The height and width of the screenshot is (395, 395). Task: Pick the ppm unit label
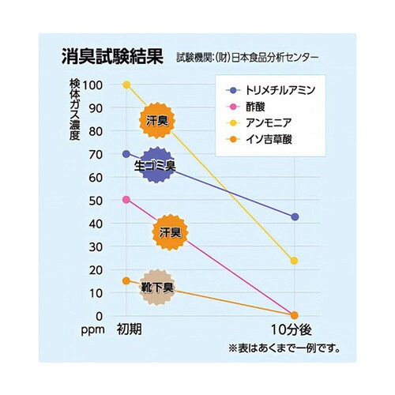(91, 329)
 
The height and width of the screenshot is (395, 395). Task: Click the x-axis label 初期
(129, 329)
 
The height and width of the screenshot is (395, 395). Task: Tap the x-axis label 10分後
(294, 329)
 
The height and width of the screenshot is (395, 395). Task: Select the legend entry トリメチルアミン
(280, 91)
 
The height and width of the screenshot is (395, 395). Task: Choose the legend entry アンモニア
(269, 123)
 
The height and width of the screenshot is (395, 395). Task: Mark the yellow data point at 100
(126, 85)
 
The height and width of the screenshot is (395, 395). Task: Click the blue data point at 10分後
(295, 216)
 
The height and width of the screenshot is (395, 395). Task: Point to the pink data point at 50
(126, 200)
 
